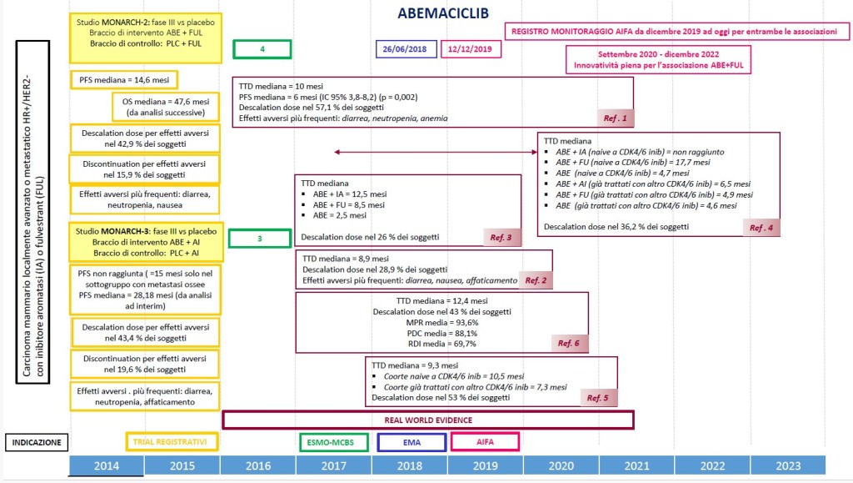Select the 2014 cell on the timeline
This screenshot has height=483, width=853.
click(x=107, y=465)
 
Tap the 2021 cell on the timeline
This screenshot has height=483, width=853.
click(x=636, y=465)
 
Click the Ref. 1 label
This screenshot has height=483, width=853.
click(x=614, y=118)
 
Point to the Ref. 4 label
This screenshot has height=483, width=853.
click(x=761, y=227)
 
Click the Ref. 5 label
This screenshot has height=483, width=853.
click(x=597, y=398)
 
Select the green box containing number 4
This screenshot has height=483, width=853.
click(x=262, y=49)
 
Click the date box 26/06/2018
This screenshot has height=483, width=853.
click(x=405, y=49)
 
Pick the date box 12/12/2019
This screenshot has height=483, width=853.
click(x=471, y=49)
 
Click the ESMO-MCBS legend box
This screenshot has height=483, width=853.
click(x=332, y=441)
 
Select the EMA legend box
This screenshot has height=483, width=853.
click(x=411, y=441)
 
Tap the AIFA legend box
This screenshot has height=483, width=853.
click(x=485, y=441)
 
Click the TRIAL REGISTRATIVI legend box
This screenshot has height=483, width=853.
click(x=175, y=441)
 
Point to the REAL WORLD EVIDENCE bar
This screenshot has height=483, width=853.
click(x=428, y=420)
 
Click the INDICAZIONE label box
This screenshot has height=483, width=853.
click(x=37, y=442)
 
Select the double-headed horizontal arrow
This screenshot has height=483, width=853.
click(x=434, y=152)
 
